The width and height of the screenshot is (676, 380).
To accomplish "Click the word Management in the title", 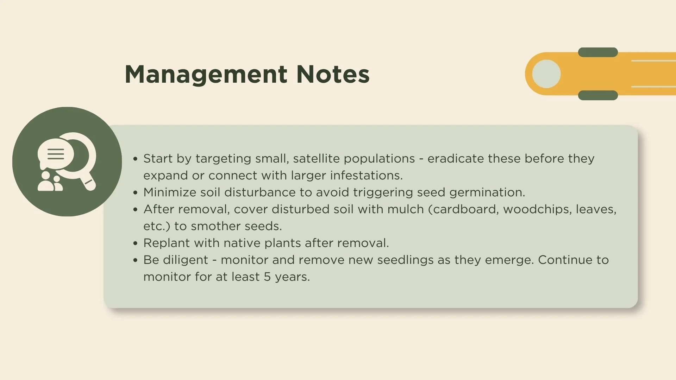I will tap(206, 75).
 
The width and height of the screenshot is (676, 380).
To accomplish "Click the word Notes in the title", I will tap(333, 74).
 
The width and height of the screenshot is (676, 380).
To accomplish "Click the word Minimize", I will tap(170, 192).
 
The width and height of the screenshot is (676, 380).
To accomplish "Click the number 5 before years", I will tap(267, 277).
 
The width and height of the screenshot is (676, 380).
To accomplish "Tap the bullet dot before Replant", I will tap(135, 243).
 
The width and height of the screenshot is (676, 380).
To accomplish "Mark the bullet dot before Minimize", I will tap(135, 192).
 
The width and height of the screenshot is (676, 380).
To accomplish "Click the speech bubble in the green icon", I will tap(56, 154).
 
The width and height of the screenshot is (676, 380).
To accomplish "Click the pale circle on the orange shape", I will tap(546, 74).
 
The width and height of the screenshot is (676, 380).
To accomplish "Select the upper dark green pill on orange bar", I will tap(598, 52).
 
